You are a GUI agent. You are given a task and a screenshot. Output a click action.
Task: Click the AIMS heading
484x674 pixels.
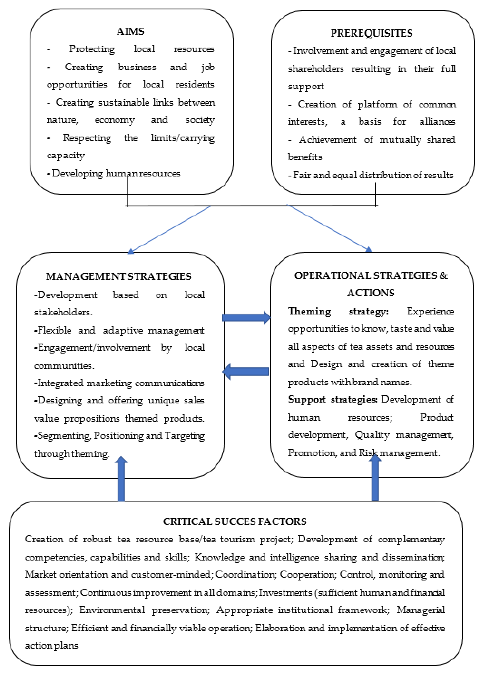130,31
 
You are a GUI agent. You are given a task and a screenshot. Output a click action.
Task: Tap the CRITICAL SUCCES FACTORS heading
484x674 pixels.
235,521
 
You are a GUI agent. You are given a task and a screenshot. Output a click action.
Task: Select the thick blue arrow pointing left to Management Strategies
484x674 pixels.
246,371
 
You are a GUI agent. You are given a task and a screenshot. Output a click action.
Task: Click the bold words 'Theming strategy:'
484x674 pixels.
338,311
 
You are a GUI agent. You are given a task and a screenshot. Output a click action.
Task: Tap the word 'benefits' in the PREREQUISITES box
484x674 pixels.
305,157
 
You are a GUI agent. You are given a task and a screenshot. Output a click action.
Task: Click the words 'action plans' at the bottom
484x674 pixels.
51,645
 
